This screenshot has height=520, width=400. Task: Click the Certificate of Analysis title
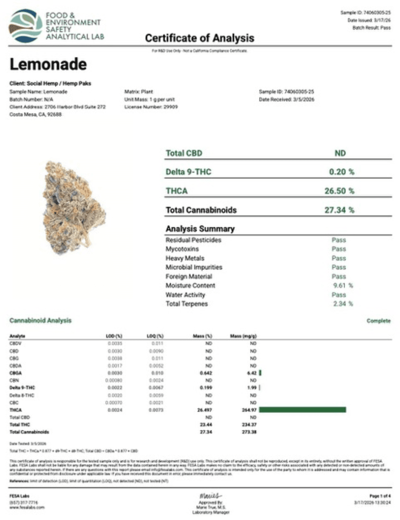click(200, 38)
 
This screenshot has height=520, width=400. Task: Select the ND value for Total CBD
click(340, 153)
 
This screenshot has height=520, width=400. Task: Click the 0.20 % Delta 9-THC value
click(341, 172)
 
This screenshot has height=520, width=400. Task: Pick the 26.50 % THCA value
click(339, 191)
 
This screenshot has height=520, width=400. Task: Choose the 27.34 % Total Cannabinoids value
click(339, 210)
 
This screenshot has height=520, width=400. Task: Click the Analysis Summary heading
click(200, 229)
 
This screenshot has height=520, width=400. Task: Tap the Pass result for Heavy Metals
click(339, 258)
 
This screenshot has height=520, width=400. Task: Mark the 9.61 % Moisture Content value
click(343, 285)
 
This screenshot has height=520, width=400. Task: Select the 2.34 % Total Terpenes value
click(343, 304)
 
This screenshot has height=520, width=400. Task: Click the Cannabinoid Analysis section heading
click(40, 320)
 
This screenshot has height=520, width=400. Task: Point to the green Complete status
click(378, 321)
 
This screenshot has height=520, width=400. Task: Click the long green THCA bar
click(303, 410)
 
